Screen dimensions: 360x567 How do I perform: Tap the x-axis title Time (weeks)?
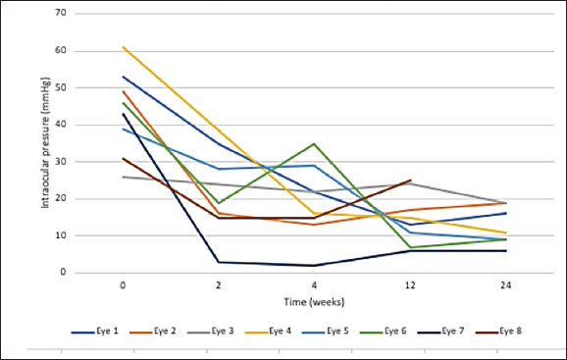coord(313,301)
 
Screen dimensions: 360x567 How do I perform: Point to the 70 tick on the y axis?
coord(60,14)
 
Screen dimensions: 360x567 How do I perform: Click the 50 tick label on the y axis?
coord(60,87)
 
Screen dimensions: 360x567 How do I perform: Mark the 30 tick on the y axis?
coord(60,162)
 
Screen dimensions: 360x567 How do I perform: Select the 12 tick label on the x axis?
coord(409,285)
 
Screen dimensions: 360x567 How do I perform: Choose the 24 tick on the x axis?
coord(503,285)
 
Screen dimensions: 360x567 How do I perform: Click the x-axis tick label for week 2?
coord(217,285)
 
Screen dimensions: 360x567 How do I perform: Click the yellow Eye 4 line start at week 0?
coord(123,47)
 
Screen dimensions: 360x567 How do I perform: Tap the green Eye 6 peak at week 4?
coord(313,143)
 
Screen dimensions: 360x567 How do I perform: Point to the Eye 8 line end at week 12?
coord(409,180)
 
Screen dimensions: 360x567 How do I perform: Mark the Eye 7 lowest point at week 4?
coord(313,266)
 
